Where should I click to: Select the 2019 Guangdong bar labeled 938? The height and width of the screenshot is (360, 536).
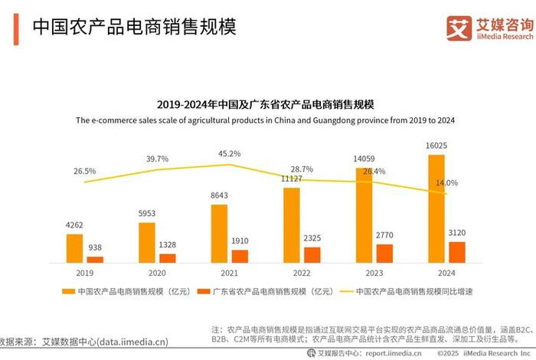pos(94,260)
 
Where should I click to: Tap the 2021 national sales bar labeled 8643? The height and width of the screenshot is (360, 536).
pos(219,234)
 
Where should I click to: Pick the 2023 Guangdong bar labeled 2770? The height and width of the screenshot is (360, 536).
pos(384,254)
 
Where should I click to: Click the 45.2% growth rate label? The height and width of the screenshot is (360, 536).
pos(229,154)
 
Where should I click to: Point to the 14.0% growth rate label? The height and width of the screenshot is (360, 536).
pos(446,183)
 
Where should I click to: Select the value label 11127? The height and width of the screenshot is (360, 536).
pos(291,178)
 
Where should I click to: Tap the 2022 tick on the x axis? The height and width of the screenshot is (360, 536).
pos(301,272)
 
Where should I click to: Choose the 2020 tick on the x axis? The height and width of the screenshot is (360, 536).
pos(156,272)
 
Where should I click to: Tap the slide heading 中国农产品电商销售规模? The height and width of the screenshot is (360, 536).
pos(133,28)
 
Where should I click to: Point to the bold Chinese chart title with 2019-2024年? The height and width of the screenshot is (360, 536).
pos(268,103)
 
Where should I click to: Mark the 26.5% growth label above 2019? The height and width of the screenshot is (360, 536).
pos(85,171)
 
